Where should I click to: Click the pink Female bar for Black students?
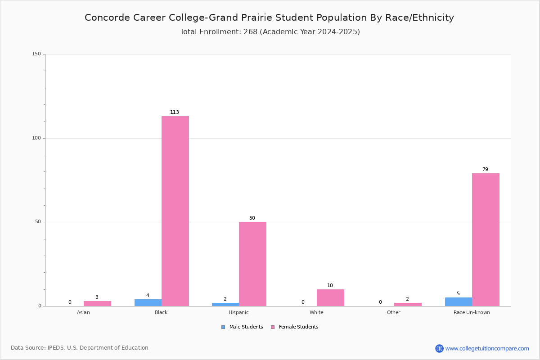[x=175, y=211]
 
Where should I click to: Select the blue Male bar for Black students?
[x=148, y=302]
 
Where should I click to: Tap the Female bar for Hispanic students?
[x=252, y=264]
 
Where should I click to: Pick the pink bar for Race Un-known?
[x=486, y=240]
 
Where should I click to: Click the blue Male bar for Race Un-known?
[x=459, y=301]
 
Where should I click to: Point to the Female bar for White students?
[x=330, y=297]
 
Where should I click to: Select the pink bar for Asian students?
[x=97, y=304]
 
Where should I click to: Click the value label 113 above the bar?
[x=175, y=112]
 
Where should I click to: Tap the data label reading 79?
[x=485, y=169]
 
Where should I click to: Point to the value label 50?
[x=252, y=218]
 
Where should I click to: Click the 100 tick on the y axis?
[x=36, y=138]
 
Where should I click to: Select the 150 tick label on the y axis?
[x=36, y=54]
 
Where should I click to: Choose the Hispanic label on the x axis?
[x=238, y=312]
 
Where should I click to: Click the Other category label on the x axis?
[x=393, y=312]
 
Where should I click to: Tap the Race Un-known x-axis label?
[x=472, y=312]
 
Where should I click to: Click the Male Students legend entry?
[x=242, y=327]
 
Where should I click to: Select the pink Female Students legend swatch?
[x=273, y=327]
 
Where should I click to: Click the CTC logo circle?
[x=439, y=348]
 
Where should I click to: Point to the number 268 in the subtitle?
[x=251, y=32]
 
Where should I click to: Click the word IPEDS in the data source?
[x=56, y=348]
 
